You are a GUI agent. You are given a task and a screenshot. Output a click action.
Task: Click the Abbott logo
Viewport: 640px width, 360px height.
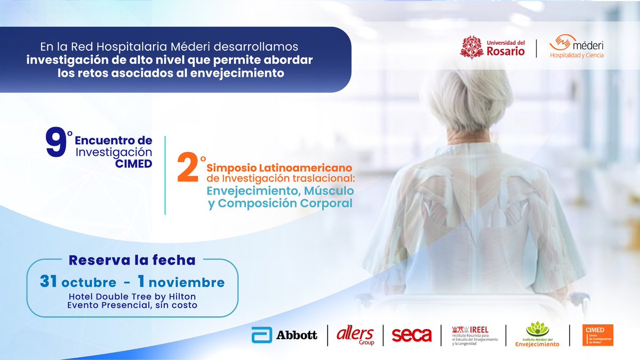click(x=284, y=335)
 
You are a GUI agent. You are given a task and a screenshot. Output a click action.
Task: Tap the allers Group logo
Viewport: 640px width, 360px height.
click(x=355, y=335)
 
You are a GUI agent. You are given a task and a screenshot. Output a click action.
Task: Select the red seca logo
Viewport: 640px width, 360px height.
click(x=411, y=335)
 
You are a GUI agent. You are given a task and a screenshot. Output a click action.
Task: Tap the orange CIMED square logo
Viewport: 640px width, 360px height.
click(x=598, y=335)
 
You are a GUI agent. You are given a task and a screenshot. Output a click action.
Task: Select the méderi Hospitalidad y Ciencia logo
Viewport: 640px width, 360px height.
click(x=577, y=47)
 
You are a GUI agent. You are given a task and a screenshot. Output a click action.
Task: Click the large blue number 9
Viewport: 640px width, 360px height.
click(x=55, y=144)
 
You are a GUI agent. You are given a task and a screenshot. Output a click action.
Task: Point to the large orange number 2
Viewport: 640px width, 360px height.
click(x=188, y=169)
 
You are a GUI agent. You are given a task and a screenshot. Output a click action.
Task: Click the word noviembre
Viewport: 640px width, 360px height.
click(x=194, y=282)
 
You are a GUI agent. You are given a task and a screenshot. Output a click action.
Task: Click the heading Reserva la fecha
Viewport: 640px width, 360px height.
click(x=132, y=260)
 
